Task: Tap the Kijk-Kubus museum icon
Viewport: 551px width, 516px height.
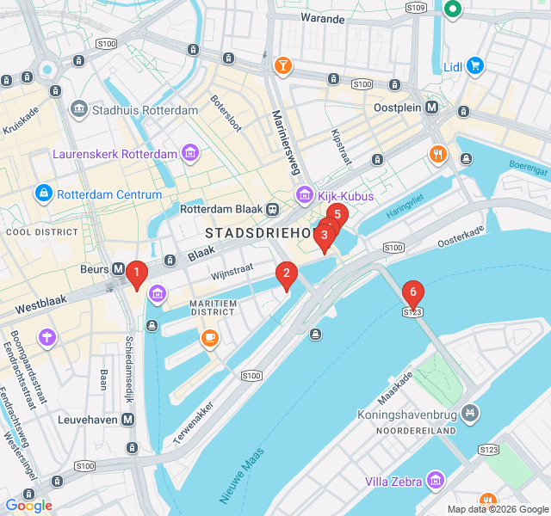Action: pyautogui.click(x=303, y=196)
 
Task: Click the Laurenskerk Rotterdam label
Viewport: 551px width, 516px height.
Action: pyautogui.click(x=115, y=155)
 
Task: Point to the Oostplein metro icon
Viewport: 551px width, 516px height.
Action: pyautogui.click(x=432, y=108)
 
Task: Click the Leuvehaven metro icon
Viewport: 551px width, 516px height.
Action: pyautogui.click(x=127, y=419)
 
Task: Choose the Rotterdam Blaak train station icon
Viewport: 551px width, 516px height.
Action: pyautogui.click(x=273, y=209)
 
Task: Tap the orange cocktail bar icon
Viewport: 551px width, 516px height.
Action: pyautogui.click(x=282, y=65)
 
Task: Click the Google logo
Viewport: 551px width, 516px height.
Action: pyautogui.click(x=29, y=506)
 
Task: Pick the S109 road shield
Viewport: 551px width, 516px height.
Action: pyautogui.click(x=416, y=8)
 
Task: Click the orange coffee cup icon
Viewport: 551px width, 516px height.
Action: pyautogui.click(x=209, y=339)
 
